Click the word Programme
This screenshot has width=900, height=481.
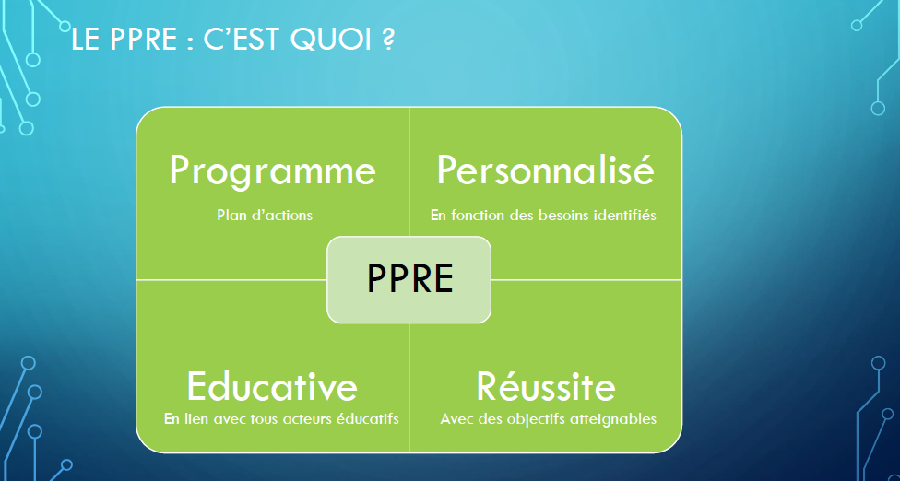[273, 172]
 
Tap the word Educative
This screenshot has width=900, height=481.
[272, 386]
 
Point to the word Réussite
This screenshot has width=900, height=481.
[546, 386]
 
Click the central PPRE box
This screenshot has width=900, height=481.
[409, 280]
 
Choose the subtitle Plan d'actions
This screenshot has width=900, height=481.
[265, 215]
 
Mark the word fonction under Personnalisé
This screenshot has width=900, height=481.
[476, 216]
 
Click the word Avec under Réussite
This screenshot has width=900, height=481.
[454, 419]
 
